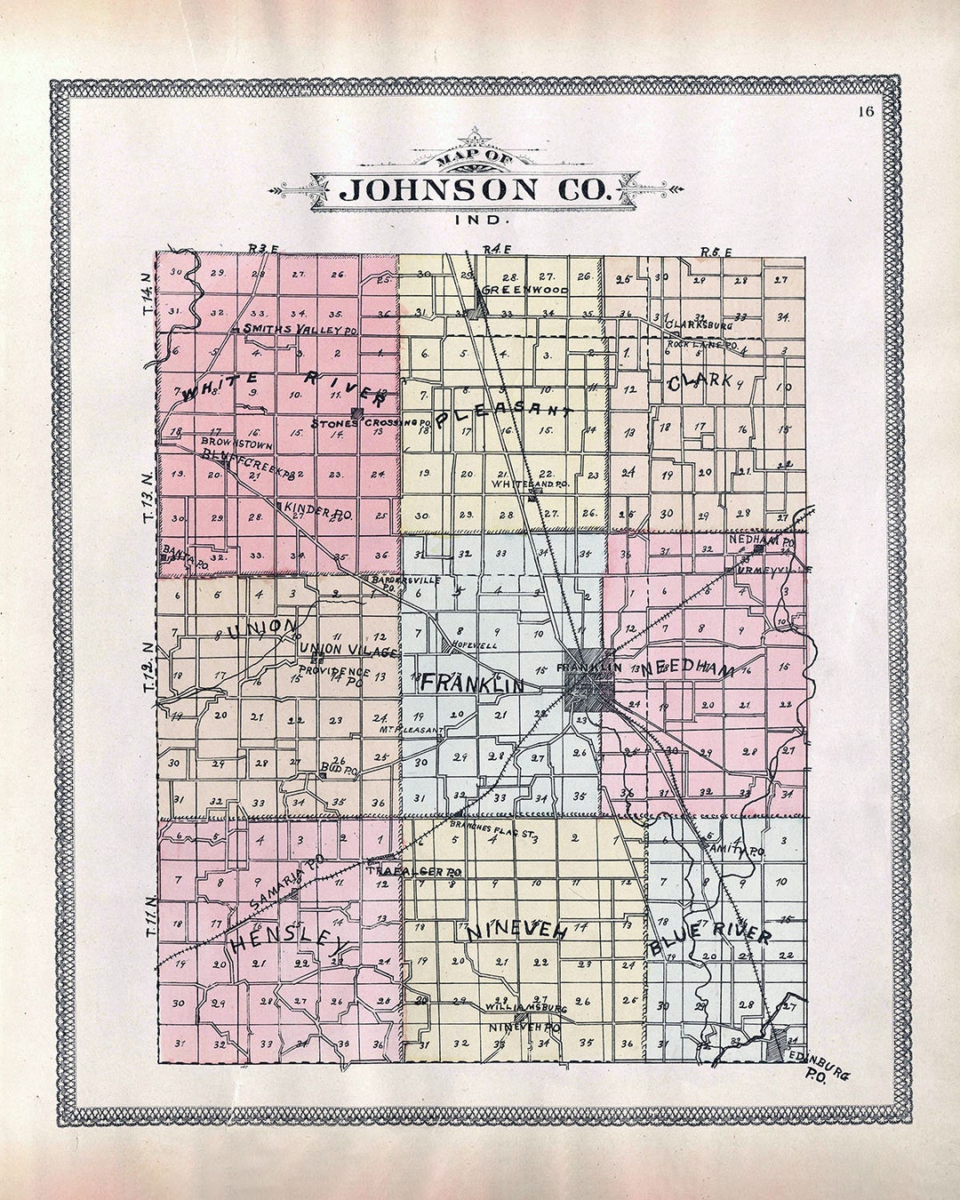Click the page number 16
(867, 111)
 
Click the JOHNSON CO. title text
(477, 189)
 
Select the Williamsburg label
(526, 1009)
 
